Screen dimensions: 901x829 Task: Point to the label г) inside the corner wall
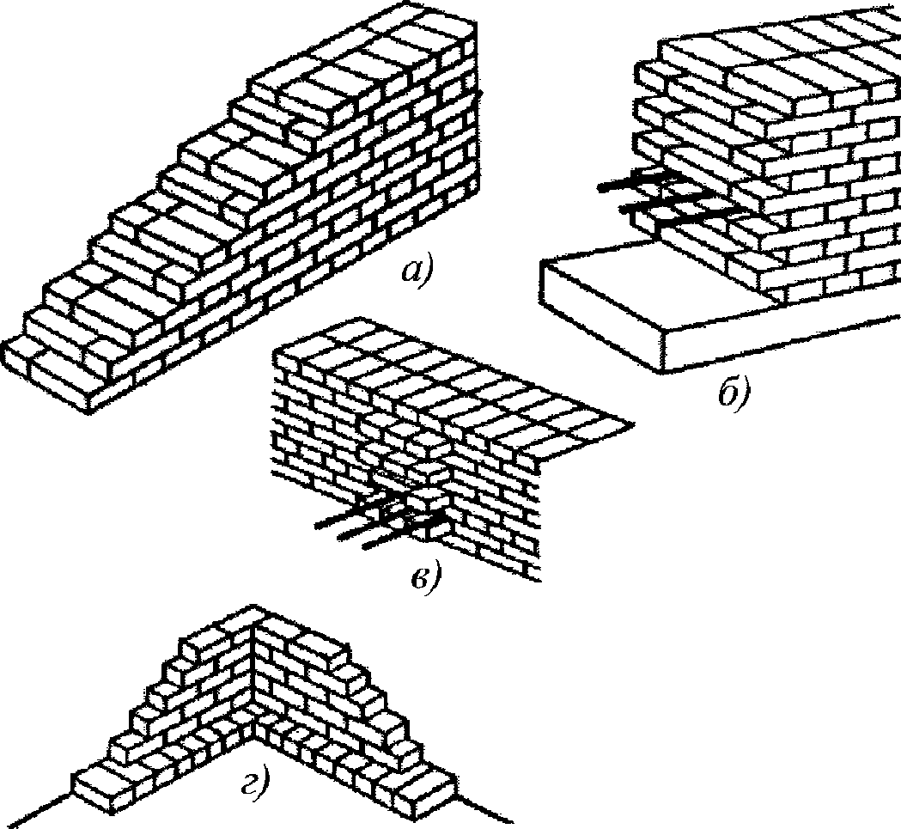tap(255, 785)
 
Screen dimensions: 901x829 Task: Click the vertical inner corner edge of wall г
tap(253, 673)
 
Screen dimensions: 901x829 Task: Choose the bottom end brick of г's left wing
tap(103, 791)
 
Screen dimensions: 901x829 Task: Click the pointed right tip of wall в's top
tap(633, 424)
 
